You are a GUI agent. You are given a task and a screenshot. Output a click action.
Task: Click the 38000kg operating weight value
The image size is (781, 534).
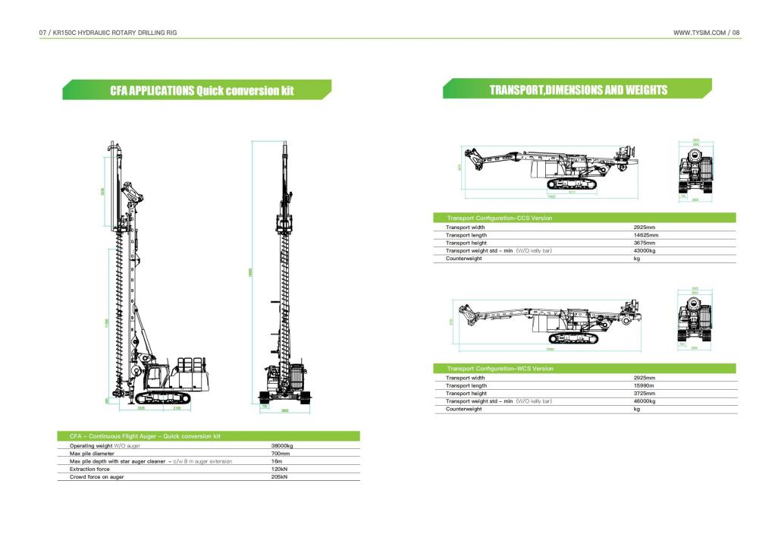click(x=282, y=446)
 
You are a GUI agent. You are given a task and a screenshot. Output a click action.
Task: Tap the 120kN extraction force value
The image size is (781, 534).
click(x=279, y=469)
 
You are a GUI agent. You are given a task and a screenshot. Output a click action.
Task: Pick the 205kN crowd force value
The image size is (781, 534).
click(x=279, y=476)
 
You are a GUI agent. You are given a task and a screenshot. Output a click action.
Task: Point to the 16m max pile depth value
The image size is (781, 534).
click(x=276, y=461)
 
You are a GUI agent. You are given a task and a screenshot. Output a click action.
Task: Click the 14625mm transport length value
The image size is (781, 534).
click(x=645, y=235)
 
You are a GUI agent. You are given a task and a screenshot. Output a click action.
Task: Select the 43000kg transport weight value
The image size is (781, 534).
click(x=645, y=250)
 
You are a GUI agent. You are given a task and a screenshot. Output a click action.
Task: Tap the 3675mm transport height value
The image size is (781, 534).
click(x=644, y=243)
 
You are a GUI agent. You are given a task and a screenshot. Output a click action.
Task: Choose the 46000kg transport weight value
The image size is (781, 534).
click(x=645, y=400)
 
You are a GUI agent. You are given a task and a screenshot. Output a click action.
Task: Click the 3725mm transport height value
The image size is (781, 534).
click(x=644, y=393)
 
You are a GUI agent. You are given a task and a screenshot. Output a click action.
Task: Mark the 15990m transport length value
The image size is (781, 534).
click(x=644, y=385)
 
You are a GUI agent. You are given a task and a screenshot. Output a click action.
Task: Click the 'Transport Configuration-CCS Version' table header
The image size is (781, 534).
click(x=500, y=218)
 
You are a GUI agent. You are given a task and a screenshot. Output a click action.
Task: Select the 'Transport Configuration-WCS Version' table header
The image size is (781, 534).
click(x=500, y=369)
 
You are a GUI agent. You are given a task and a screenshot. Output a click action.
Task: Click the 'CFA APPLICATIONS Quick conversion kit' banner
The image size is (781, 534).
click(x=196, y=90)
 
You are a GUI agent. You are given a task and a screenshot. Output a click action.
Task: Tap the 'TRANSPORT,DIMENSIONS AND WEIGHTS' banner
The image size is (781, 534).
click(x=578, y=90)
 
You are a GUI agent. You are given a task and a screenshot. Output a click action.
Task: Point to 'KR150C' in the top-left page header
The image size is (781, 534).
click(x=66, y=33)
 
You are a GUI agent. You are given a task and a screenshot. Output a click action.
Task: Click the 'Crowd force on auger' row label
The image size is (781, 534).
click(x=96, y=476)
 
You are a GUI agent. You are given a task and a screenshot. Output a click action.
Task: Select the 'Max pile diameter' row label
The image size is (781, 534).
click(x=93, y=454)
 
